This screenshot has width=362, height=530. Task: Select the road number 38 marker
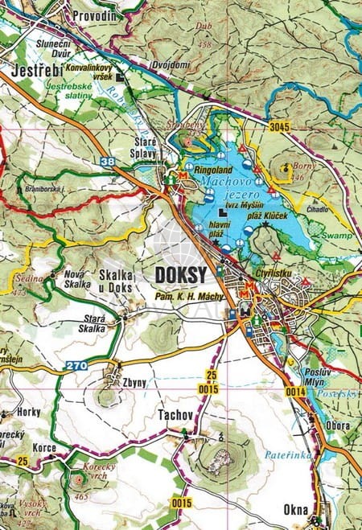pos(108,162)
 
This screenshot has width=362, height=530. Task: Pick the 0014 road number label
pos(294,391)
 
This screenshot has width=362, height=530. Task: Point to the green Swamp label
pos(338,236)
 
